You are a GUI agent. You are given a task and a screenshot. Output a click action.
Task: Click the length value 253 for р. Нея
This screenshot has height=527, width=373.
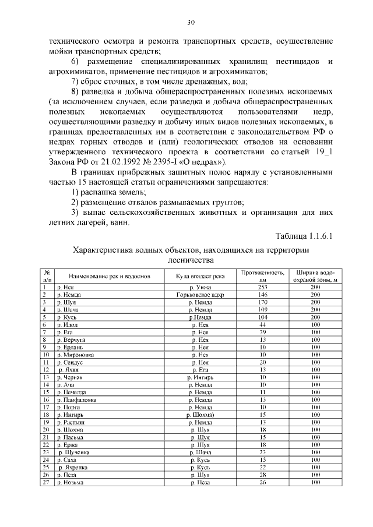tap(262, 288)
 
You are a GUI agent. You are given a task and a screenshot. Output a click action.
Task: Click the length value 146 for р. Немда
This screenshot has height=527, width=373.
tap(262, 295)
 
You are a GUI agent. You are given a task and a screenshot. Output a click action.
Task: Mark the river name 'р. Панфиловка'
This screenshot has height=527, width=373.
tap(76, 400)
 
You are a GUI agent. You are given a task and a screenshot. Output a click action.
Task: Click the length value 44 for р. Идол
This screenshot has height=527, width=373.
tap(262, 324)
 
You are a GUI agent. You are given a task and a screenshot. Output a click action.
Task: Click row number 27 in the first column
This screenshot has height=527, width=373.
tap(45, 482)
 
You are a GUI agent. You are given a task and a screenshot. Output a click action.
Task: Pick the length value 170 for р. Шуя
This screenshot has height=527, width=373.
tap(262, 303)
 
